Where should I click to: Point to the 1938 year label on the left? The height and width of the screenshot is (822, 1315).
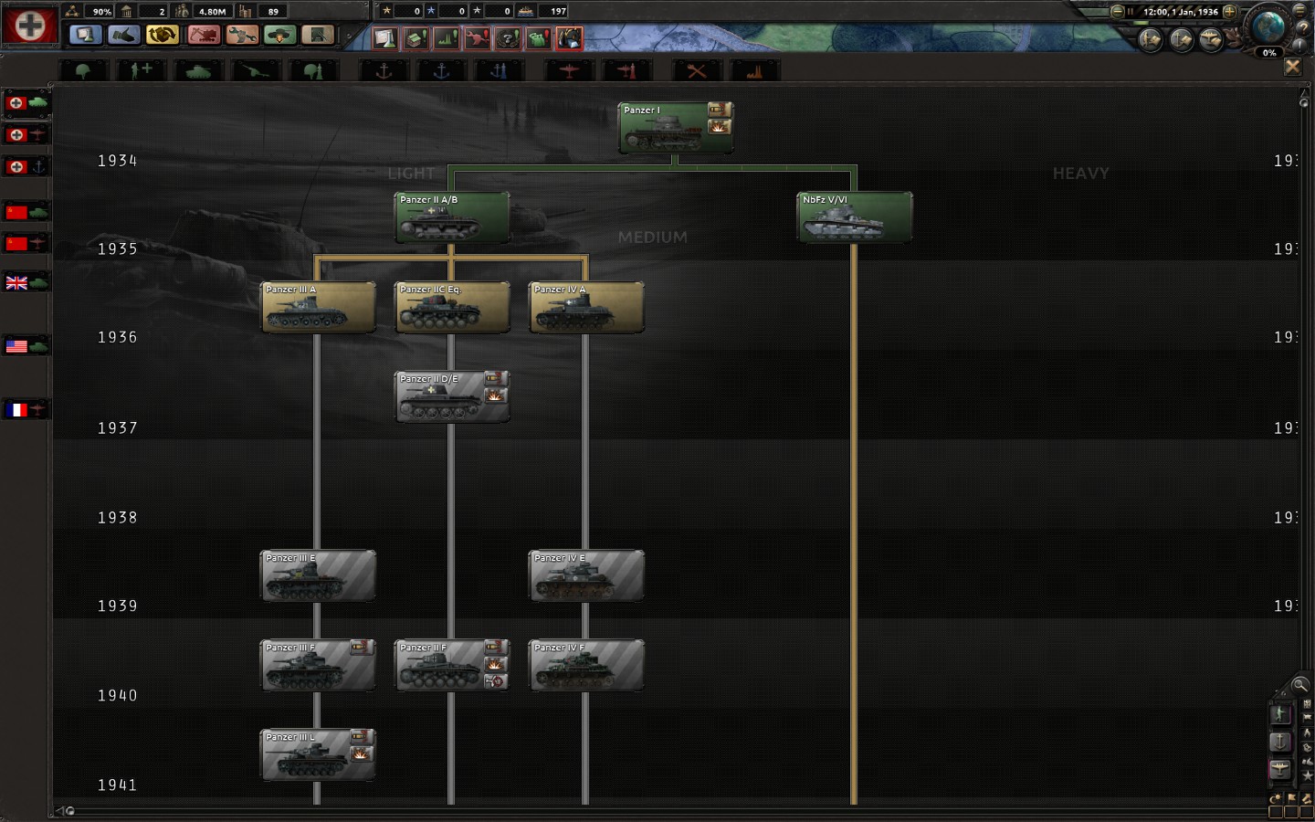click(118, 518)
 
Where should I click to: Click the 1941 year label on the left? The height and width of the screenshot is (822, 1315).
click(118, 785)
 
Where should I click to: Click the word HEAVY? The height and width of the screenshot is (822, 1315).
click(1080, 174)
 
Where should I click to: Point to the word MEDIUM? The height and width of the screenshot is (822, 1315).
click(652, 237)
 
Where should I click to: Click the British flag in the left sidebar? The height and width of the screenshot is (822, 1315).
click(17, 283)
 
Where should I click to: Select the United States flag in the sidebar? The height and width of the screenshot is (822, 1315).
click(17, 346)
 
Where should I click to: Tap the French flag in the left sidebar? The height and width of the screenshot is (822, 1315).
click(17, 410)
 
